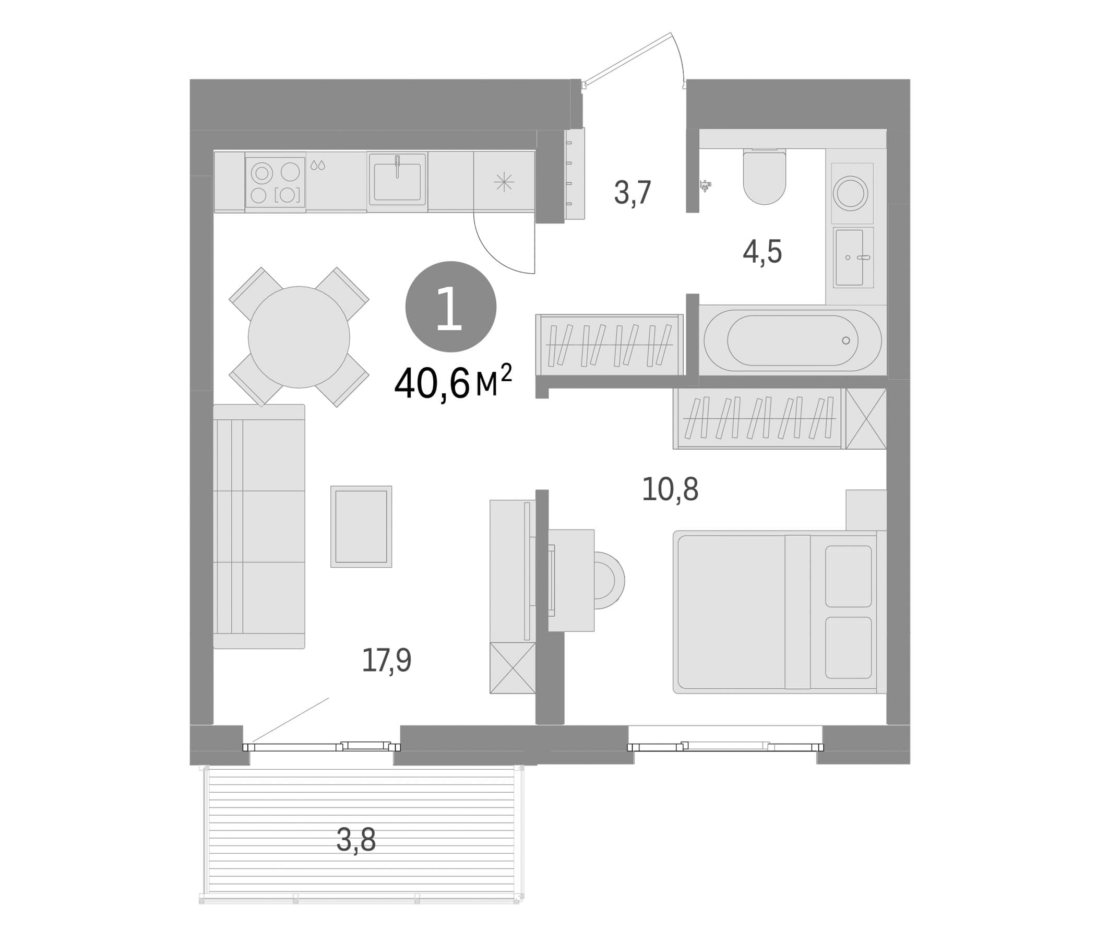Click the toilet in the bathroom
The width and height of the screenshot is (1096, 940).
tap(765, 175)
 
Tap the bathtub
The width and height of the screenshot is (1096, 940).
tap(792, 340)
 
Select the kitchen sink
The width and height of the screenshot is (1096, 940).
tap(397, 179)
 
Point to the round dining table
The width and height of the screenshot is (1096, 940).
tap(299, 337)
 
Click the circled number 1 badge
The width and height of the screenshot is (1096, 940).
tap(451, 307)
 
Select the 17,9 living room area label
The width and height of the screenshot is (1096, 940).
tap(387, 661)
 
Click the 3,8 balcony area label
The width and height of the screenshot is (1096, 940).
tap(356, 840)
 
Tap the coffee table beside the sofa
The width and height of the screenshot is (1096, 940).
tap(361, 526)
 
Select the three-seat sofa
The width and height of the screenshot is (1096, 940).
tap(259, 526)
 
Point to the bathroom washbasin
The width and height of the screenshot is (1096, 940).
tap(853, 258)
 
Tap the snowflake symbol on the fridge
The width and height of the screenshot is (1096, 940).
tap(504, 182)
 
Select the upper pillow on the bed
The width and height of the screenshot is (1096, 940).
tap(849, 576)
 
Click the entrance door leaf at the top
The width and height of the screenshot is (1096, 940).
tap(626, 57)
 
